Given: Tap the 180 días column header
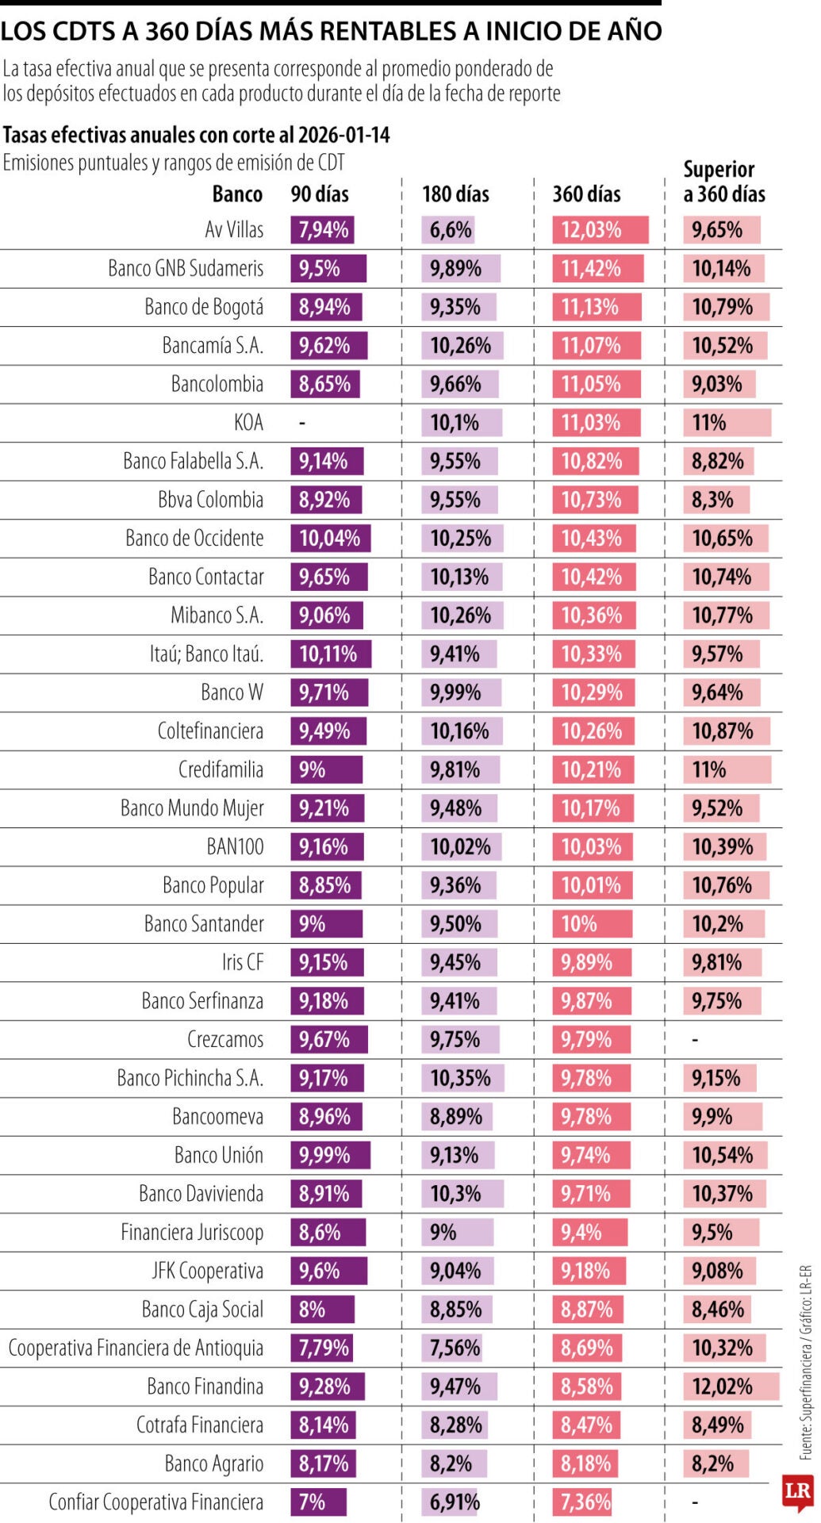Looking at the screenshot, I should [x=455, y=194].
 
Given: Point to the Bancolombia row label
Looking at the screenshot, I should [x=217, y=384].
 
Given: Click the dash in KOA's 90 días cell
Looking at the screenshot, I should [x=302, y=423].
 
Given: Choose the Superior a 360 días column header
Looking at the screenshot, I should [x=723, y=182].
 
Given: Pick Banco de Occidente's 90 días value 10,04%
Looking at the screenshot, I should [x=329, y=539].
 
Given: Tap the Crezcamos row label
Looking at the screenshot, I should [x=224, y=1039].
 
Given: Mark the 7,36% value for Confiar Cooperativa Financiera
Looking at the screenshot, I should [x=585, y=1502].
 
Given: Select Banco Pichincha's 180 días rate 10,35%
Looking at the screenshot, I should [x=460, y=1078].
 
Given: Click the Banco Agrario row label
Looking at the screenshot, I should [x=213, y=1463].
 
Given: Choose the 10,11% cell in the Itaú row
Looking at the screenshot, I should [x=328, y=654].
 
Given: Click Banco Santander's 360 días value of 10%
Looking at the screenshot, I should [x=579, y=924].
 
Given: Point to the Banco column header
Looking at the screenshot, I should [x=237, y=194].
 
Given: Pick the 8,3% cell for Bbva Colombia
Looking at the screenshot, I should [x=712, y=500].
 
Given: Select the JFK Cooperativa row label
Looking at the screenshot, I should [x=207, y=1271].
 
